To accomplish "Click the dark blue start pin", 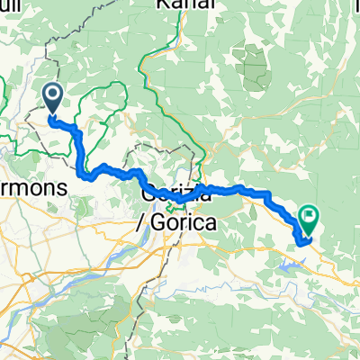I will pyautogui.click(x=53, y=97).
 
